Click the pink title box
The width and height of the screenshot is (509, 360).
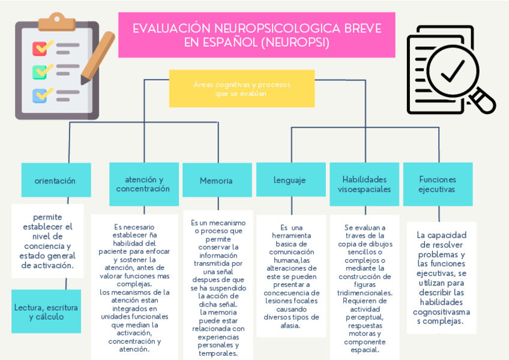click(256, 35)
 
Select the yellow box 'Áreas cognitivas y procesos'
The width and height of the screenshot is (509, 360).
click(241, 88)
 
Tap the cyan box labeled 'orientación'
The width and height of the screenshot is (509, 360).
click(55, 180)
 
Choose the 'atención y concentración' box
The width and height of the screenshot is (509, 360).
click(143, 184)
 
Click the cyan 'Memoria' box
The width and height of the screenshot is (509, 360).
click(216, 180)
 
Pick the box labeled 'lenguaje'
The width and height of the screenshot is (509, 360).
click(290, 180)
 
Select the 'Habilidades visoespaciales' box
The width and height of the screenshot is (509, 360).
click(364, 184)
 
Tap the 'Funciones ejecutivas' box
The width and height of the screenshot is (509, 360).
click(438, 184)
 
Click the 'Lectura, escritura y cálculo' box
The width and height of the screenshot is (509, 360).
click(46, 311)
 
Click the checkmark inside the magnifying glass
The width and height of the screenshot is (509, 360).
click(451, 70)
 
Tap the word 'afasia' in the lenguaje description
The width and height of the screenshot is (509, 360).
click(291, 326)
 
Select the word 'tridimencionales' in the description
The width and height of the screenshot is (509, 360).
click(364, 292)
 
